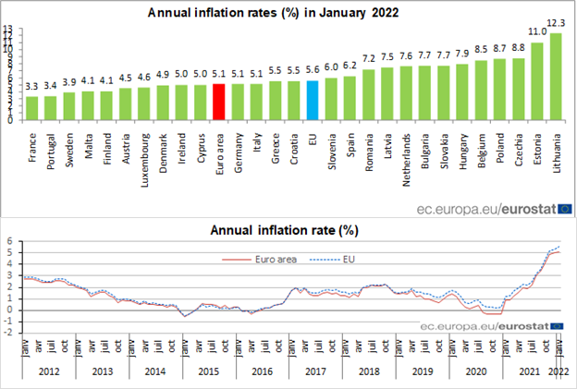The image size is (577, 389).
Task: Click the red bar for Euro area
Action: pyautogui.click(x=218, y=102)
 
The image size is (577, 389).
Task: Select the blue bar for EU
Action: pyautogui.click(x=313, y=100)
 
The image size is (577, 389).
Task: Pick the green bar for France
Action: pyautogui.click(x=31, y=107)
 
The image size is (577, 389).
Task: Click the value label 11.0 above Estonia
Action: pyautogui.click(x=537, y=31)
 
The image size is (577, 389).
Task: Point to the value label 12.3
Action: pyautogui.click(x=556, y=23)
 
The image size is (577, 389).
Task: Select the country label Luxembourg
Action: pyautogui.click(x=144, y=153)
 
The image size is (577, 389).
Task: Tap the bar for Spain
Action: pyautogui.click(x=350, y=98)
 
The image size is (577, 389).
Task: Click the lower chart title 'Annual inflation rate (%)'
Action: pyautogui.click(x=284, y=229)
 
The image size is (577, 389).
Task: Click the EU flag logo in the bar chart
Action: pyautogui.click(x=564, y=210)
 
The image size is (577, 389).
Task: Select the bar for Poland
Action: pyautogui.click(x=499, y=90)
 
